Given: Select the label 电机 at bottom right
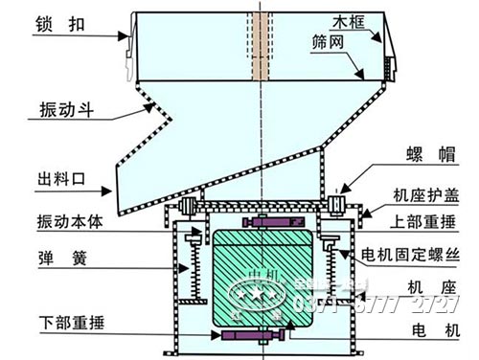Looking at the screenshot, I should [x=423, y=327].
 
